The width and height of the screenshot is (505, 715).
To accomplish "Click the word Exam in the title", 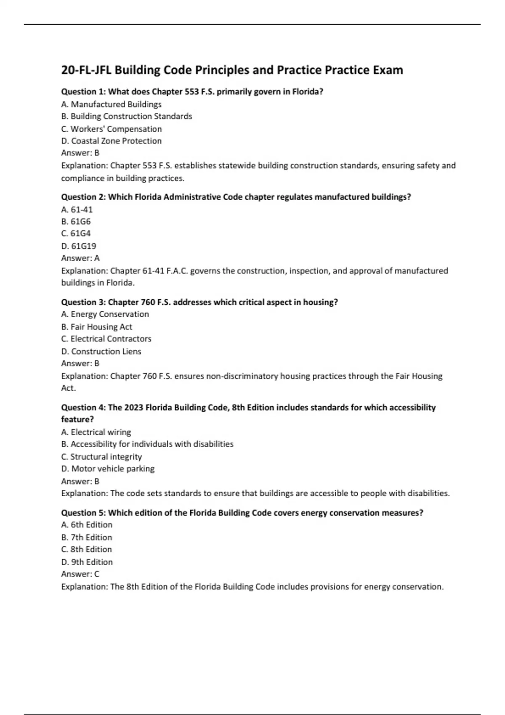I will (x=388, y=70).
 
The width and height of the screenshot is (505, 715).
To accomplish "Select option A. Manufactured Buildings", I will (x=112, y=104).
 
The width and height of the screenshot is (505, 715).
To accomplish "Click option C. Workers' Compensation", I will (x=112, y=129).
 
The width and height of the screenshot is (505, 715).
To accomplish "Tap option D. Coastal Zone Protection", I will (x=112, y=141).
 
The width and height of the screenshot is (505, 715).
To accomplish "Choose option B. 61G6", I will (x=76, y=221).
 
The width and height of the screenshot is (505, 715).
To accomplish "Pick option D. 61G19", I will (x=79, y=246).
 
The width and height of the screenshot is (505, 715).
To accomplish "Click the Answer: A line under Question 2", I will (x=80, y=258).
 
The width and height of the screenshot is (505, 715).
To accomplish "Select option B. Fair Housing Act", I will (x=97, y=327).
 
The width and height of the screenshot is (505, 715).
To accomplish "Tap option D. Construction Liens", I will (x=101, y=352).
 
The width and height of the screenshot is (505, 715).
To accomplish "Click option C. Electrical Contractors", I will (x=106, y=339).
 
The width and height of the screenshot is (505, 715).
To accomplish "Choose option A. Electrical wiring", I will (x=96, y=432).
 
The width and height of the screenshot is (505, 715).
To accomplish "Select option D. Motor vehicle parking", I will (x=108, y=469).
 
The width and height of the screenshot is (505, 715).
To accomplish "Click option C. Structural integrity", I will (x=101, y=457).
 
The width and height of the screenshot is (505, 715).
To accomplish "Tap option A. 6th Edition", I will (x=87, y=525).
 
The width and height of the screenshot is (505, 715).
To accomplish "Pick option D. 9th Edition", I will (x=87, y=562).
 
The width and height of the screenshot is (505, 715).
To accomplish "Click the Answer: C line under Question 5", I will (x=80, y=574).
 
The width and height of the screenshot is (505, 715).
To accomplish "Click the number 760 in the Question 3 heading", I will (x=149, y=302).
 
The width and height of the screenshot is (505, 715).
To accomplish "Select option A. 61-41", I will (x=77, y=209).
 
